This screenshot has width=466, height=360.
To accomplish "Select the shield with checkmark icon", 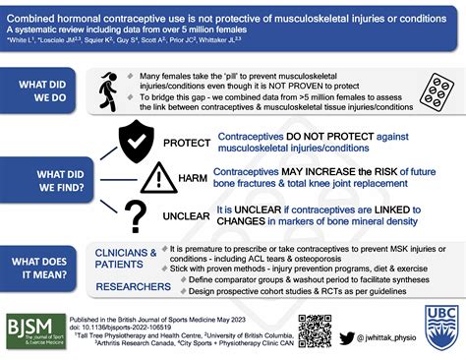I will (x=136, y=143).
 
